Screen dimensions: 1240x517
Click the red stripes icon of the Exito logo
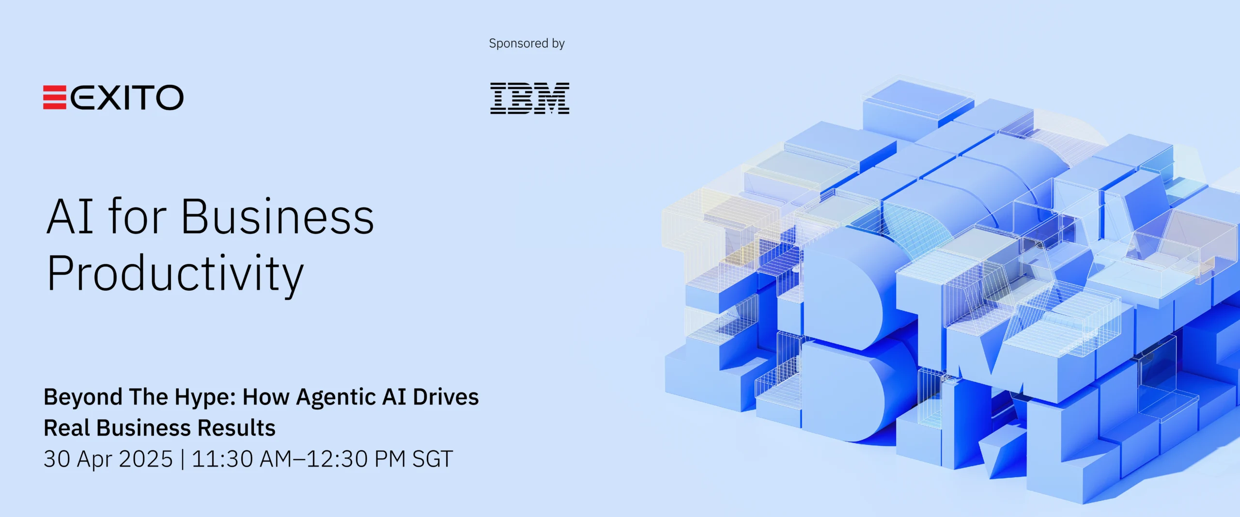[55, 97]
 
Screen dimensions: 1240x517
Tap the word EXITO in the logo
[127, 97]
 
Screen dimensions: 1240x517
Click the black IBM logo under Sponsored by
[529, 98]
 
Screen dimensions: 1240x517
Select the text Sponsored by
[527, 44]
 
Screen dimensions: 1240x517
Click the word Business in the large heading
[278, 217]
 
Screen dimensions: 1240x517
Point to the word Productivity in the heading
[175, 274]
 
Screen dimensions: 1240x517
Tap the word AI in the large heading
[70, 217]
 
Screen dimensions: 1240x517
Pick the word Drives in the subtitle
[446, 397]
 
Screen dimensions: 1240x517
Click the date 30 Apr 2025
[108, 459]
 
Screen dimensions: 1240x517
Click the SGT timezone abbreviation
[433, 459]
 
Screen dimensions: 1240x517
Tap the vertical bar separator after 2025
[182, 459]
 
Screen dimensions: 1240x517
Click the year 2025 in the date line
[146, 459]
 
